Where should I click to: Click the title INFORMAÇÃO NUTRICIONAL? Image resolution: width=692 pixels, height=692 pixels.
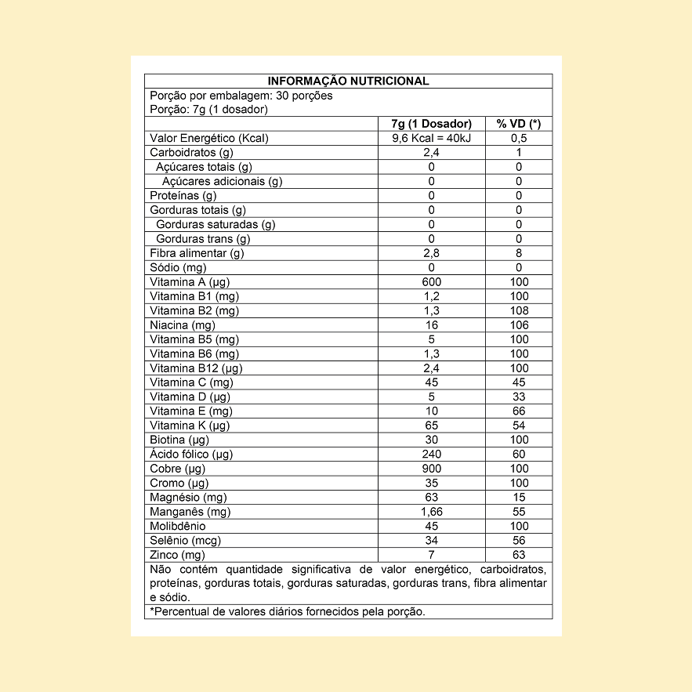point(348,81)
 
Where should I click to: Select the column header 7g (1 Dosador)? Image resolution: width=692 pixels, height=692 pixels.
point(431,124)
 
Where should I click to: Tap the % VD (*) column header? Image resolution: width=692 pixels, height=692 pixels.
point(519,124)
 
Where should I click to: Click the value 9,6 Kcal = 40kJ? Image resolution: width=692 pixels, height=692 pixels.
point(431,138)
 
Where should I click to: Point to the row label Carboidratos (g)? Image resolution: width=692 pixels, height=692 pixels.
point(192,152)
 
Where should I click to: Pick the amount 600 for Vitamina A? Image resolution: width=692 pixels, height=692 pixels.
point(431,282)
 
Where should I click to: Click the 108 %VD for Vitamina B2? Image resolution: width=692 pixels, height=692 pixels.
point(519,310)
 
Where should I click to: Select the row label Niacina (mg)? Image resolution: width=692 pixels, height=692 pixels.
point(183,324)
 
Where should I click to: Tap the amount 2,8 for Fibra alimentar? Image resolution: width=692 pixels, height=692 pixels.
point(431,253)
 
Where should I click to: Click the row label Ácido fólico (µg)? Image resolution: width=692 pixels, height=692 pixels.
point(191,454)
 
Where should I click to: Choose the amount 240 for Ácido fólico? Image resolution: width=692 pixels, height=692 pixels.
point(431,454)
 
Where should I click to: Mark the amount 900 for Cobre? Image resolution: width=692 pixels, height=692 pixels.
point(431,469)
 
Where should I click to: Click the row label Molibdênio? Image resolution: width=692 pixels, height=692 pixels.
point(178,526)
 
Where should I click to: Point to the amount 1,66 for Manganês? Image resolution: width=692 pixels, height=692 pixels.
point(431,512)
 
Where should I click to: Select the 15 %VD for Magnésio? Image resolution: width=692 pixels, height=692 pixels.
point(519,497)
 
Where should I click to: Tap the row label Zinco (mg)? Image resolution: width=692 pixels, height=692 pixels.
point(176,555)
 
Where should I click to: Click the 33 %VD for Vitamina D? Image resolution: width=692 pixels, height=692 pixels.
point(519,397)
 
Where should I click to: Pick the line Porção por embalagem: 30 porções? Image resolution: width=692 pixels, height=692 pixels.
point(241,96)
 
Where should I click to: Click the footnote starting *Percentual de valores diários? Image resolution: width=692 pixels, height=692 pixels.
point(288,611)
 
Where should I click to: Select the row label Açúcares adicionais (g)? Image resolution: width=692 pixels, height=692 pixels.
point(223,181)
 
